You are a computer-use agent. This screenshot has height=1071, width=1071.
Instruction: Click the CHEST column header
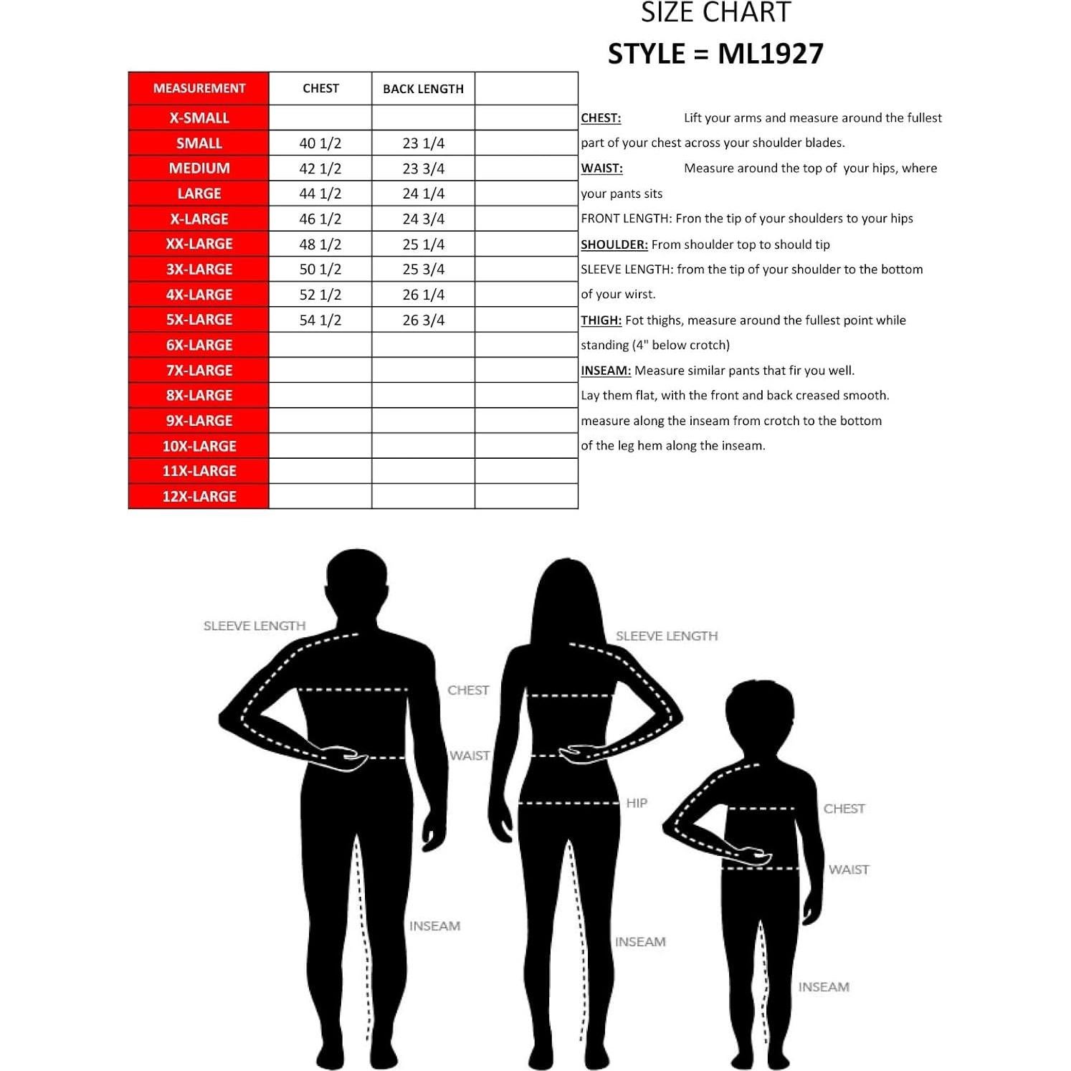(x=320, y=88)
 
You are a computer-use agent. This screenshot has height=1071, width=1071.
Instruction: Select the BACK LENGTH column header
(x=423, y=89)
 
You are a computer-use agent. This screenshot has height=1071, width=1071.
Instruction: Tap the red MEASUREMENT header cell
(x=199, y=88)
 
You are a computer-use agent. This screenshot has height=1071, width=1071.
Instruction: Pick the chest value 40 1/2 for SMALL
(x=320, y=143)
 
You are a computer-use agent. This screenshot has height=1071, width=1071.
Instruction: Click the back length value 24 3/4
(x=423, y=219)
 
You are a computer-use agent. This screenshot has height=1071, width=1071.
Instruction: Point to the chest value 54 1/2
(x=320, y=320)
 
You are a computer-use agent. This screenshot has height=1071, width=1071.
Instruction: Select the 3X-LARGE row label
(x=199, y=270)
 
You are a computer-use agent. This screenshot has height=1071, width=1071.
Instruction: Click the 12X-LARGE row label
(x=199, y=496)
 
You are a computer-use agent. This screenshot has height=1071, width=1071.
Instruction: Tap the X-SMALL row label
(x=199, y=118)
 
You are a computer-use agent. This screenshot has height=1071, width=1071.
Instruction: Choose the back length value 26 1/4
(x=423, y=295)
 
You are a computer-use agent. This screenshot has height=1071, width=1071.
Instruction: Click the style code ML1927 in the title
(x=771, y=54)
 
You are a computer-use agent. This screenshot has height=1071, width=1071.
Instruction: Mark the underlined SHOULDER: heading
(x=614, y=244)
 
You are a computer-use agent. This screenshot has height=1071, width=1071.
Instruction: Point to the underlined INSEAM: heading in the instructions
(x=605, y=371)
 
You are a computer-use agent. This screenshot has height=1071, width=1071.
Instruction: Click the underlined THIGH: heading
(x=601, y=320)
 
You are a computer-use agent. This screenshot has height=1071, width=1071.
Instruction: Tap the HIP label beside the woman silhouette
(x=637, y=803)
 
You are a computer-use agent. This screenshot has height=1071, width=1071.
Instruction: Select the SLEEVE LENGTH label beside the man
(x=254, y=626)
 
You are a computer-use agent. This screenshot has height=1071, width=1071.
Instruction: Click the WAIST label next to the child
(x=849, y=870)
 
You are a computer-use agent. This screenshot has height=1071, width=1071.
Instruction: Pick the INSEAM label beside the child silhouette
(x=824, y=987)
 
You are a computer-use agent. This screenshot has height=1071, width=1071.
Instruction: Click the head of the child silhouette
(x=760, y=717)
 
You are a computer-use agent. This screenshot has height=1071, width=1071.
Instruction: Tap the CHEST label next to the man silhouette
(x=468, y=690)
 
